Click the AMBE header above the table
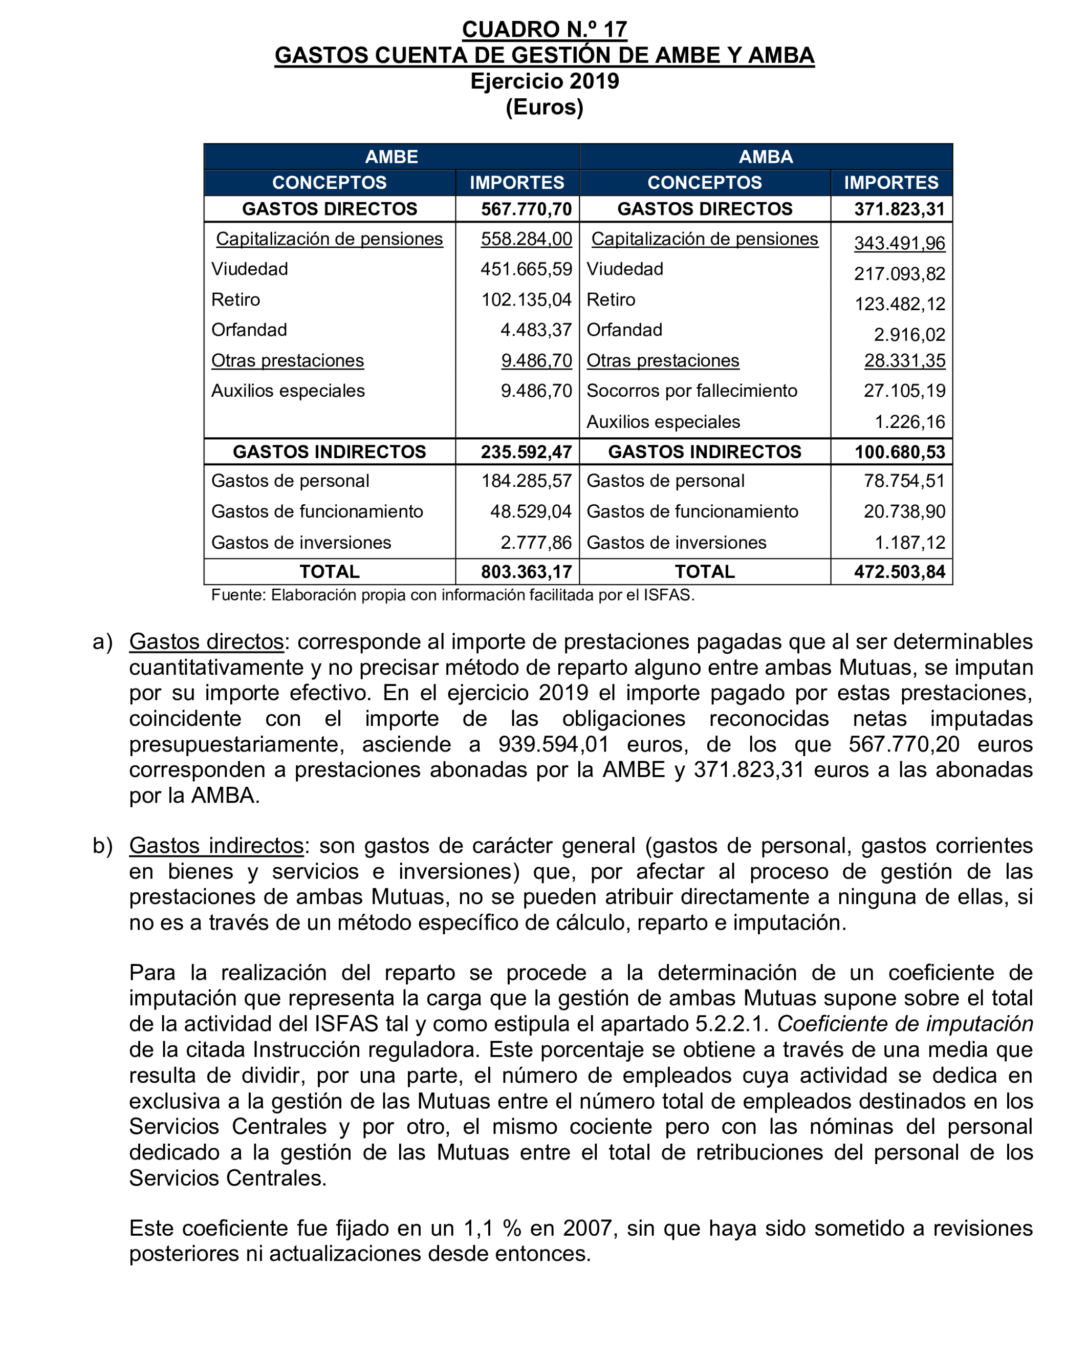click(391, 157)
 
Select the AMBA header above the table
click(766, 157)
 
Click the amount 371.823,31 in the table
click(899, 209)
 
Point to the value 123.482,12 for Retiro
click(899, 305)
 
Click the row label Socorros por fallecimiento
click(691, 391)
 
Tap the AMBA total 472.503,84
click(899, 572)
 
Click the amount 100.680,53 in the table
click(899, 452)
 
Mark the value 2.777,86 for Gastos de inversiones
click(536, 542)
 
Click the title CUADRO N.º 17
click(544, 30)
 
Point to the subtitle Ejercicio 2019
click(544, 81)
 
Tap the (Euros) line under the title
click(544, 108)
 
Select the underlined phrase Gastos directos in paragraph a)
click(206, 641)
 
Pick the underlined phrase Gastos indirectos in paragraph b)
click(216, 846)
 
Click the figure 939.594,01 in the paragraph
click(553, 744)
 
